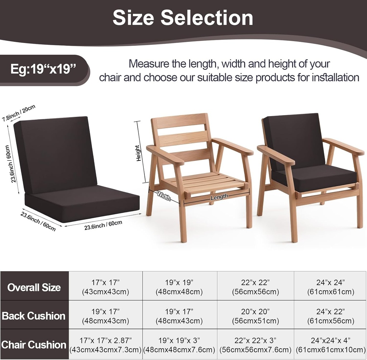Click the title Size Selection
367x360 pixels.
click(183, 18)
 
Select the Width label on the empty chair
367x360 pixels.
click(163, 196)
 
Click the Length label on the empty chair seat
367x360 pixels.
click(219, 197)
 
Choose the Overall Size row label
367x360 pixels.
click(34, 287)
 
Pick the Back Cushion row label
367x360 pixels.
click(34, 316)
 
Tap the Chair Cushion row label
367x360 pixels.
click(34, 345)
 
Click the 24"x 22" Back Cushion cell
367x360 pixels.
click(330, 316)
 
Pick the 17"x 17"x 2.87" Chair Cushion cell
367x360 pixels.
click(106, 345)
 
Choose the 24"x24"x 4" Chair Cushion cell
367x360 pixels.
click(330, 345)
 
